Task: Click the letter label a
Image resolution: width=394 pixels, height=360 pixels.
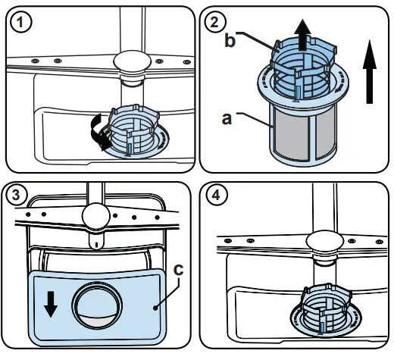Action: [x=225, y=118]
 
